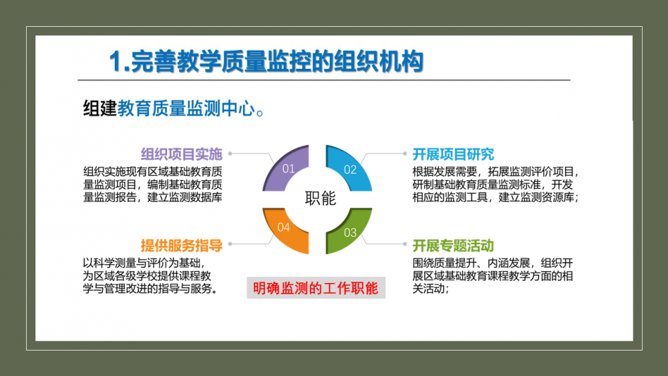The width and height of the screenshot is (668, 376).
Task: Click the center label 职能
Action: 321,199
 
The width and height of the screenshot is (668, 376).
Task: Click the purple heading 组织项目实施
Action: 182,154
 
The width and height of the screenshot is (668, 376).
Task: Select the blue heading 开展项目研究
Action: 453,154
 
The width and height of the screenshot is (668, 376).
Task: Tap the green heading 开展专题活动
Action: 453,246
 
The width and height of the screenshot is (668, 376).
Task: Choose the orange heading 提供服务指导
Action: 182,246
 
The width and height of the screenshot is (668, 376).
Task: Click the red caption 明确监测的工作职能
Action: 316,288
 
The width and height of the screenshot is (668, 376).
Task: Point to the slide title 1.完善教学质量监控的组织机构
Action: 267,61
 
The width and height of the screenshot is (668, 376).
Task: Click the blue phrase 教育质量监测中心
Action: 186,108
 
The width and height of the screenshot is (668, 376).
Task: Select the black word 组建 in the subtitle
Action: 100,108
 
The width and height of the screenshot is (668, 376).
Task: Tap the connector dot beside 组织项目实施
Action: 230,153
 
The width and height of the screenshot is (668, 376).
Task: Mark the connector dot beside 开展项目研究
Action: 405,153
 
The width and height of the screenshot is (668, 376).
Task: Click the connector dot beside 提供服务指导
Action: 230,244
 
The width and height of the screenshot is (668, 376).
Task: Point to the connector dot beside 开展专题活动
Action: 405,244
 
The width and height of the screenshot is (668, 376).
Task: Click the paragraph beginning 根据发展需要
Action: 496,185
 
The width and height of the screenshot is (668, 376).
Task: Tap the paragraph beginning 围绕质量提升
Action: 492,276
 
